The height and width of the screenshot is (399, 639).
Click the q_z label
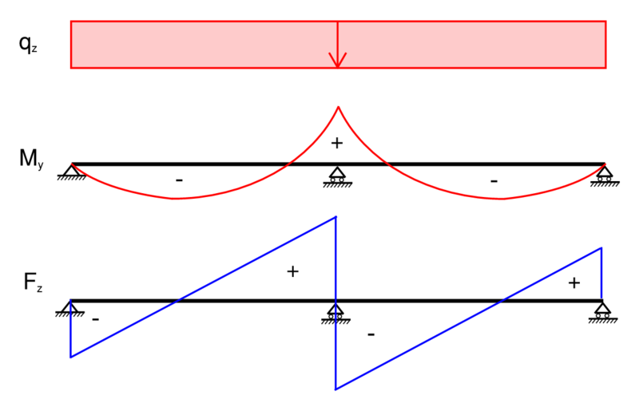(27, 45)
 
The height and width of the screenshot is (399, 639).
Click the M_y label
(29, 158)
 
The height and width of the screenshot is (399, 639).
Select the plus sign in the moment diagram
(336, 144)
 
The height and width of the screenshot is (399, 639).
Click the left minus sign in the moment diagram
(179, 181)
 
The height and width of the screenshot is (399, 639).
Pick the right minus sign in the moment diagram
(494, 181)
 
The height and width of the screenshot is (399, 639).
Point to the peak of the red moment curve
(338, 107)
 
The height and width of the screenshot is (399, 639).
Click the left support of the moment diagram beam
(71, 172)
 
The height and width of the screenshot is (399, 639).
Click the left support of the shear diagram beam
(70, 308)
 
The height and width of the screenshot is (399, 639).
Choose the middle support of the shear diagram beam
(335, 311)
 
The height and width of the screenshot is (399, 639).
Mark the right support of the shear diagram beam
(602, 310)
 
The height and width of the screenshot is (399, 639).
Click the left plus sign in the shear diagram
(292, 271)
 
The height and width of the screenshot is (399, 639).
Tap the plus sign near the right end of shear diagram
(574, 282)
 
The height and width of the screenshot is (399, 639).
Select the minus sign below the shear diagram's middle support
(371, 334)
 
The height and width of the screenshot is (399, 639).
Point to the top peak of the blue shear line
(335, 216)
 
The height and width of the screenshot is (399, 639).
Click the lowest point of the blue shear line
(335, 389)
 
